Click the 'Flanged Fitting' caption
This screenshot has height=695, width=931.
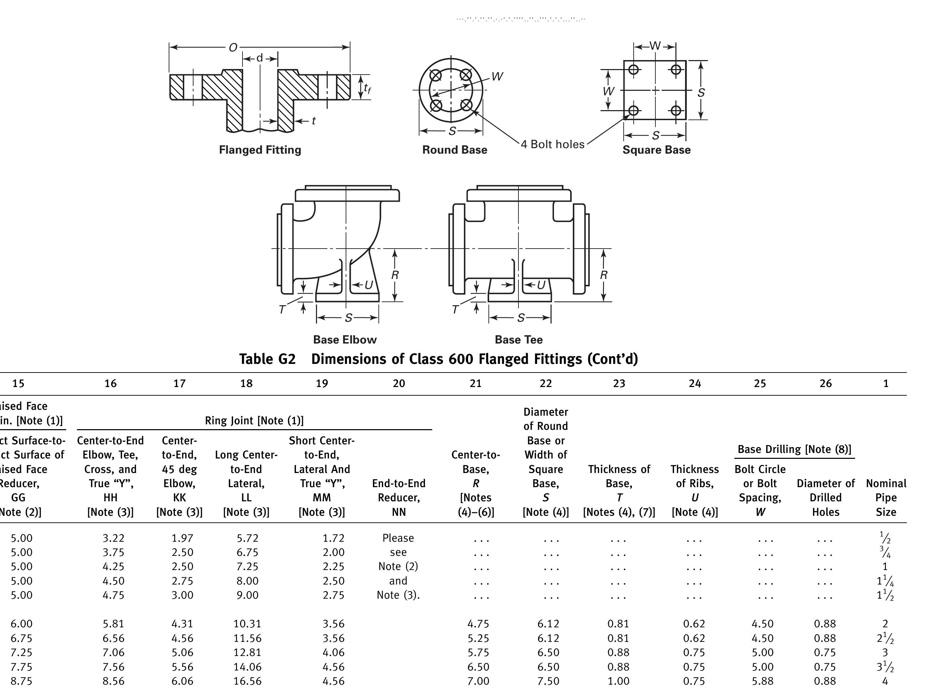260,150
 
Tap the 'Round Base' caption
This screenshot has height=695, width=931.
454,150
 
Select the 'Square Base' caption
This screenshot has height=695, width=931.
656,150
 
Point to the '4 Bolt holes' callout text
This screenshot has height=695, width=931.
552,144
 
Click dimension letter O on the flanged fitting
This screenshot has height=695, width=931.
233,48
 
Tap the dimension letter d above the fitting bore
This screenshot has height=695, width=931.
260,58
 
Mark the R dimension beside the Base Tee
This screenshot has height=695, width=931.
604,275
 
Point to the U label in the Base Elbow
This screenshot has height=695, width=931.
369,285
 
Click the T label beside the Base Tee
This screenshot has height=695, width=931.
455,310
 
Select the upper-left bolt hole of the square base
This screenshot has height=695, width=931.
633,69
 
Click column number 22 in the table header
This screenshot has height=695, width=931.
546,383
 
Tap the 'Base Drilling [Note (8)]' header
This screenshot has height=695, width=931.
794,449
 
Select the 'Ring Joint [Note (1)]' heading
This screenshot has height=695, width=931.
254,421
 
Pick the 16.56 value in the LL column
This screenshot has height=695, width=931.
247,681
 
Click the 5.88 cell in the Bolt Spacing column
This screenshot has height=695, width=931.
762,681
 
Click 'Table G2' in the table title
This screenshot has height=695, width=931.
267,359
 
